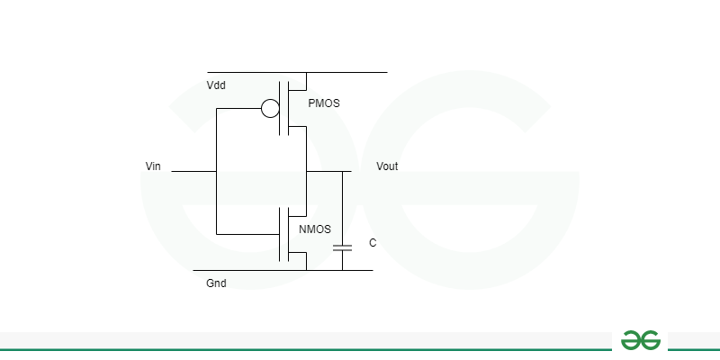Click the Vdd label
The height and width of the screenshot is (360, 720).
[216, 85]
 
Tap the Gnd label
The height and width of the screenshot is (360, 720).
[216, 283]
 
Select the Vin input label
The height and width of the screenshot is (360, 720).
[153, 166]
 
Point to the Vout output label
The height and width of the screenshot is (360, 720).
[387, 166]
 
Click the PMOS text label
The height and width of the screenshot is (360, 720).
[324, 103]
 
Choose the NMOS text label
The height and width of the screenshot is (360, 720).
[314, 229]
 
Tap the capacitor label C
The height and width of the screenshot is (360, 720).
[373, 243]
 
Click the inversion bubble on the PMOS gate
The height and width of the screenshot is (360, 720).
[270, 108]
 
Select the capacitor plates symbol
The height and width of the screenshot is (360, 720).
[342, 248]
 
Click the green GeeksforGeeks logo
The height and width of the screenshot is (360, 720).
[641, 340]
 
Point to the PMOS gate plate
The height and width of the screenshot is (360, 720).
[280, 108]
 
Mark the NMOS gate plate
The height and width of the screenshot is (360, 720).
[280, 234]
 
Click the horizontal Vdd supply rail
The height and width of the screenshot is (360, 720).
[297, 72]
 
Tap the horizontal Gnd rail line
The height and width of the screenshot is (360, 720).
[283, 271]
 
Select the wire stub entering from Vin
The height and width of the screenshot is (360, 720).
[193, 171]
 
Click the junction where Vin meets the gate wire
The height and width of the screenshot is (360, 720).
[216, 171]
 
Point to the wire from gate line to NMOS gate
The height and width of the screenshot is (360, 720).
[248, 234]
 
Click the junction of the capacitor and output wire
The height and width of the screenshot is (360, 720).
[342, 171]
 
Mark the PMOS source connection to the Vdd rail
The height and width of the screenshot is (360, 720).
[306, 81]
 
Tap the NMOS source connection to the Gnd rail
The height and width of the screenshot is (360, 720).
[306, 261]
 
